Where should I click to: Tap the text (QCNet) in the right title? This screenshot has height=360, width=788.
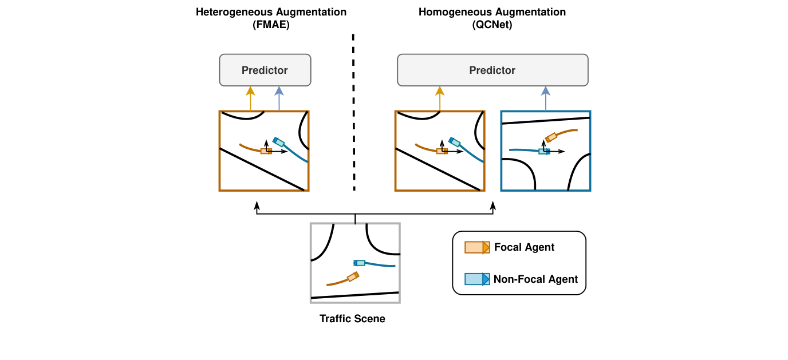492,25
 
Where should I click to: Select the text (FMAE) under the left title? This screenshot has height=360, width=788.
271,25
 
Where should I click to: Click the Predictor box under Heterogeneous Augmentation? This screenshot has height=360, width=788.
265,70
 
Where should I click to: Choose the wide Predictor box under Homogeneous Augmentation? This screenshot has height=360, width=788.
492,70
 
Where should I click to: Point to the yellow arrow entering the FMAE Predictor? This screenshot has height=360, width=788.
250,97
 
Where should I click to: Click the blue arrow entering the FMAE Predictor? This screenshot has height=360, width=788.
279,97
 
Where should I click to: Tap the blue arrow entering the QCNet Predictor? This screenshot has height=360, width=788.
545,97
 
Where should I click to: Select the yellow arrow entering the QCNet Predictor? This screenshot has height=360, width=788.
440,97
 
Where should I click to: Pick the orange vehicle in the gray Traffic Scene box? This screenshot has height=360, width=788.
353,277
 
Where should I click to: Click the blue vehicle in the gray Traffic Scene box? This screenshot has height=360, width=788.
359,263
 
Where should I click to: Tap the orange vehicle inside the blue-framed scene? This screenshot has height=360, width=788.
551,138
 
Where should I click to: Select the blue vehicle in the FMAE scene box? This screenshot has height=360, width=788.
279,141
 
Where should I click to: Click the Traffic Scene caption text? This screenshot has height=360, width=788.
352,319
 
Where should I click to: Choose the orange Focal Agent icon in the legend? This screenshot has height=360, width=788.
476,247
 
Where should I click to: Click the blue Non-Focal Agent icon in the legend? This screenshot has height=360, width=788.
476,279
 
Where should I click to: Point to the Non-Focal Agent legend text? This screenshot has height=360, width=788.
535,279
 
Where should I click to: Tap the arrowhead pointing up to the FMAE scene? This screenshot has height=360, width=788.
257,204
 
